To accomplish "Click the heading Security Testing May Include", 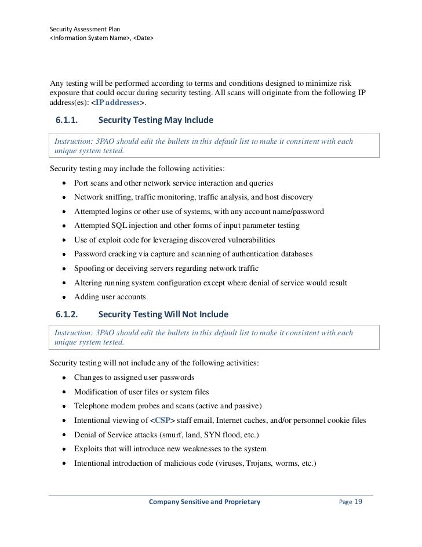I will [x=156, y=120].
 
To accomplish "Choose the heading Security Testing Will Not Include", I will [x=163, y=314].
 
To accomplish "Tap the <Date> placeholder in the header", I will [x=144, y=38].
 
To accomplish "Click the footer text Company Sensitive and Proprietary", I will [x=205, y=502].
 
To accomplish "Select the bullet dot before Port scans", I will [x=63, y=183].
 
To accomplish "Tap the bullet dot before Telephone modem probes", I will [x=63, y=406].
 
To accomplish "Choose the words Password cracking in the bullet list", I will [x=104, y=254].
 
